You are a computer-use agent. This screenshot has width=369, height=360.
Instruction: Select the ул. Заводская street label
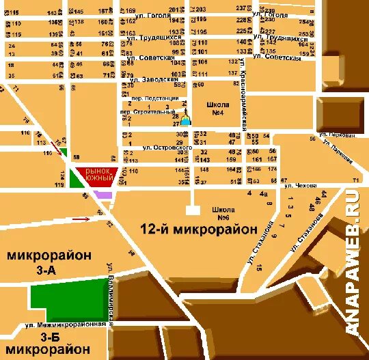click(x=155, y=79)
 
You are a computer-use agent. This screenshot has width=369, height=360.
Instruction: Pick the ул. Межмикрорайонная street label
click(x=66, y=325)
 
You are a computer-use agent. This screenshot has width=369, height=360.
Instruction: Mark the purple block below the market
click(x=103, y=195)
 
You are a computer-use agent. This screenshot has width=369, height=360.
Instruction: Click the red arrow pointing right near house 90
click(x=81, y=219)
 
